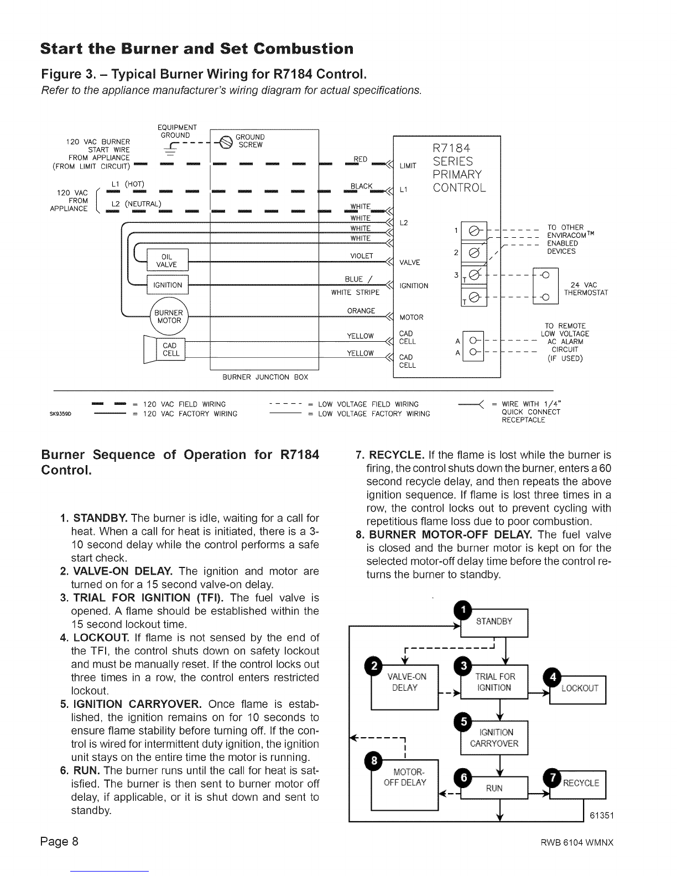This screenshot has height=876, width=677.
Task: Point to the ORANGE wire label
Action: click(361, 311)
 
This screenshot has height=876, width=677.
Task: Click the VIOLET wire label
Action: click(362, 256)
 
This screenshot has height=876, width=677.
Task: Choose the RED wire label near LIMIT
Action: click(361, 159)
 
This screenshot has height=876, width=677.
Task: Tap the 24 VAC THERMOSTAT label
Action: click(586, 289)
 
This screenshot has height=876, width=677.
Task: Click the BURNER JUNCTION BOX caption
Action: click(265, 377)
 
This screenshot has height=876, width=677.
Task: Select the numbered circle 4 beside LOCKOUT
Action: click(553, 677)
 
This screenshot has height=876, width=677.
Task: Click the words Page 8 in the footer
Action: click(59, 841)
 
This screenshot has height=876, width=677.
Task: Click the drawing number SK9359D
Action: click(60, 414)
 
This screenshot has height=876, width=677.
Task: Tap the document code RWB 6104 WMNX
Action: click(577, 842)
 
